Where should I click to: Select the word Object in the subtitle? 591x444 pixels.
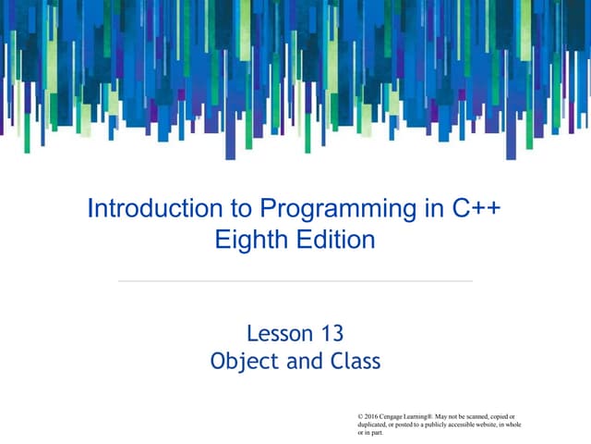tap(242, 361)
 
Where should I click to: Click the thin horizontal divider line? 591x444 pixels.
tap(295, 280)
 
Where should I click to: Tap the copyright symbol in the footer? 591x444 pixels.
tap(359, 416)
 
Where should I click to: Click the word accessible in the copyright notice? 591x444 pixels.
tap(459, 425)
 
